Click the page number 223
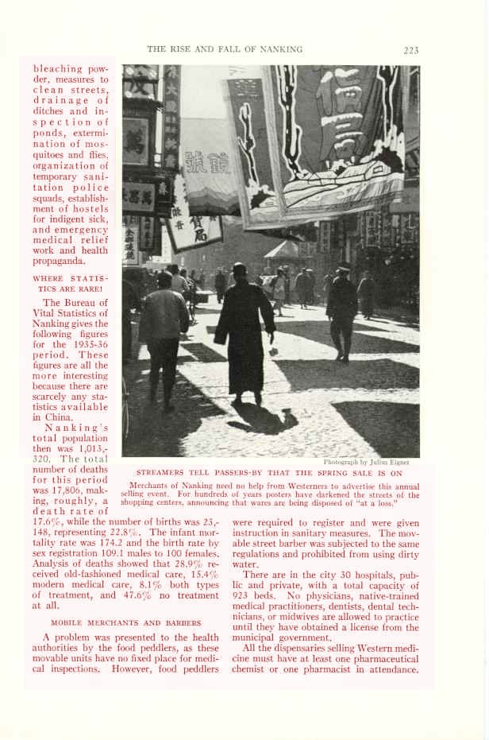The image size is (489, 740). pos(410,50)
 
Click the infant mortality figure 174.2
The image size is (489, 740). pos(98,545)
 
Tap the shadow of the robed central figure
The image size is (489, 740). pos(262,417)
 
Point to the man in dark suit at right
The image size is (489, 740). pos(341,311)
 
